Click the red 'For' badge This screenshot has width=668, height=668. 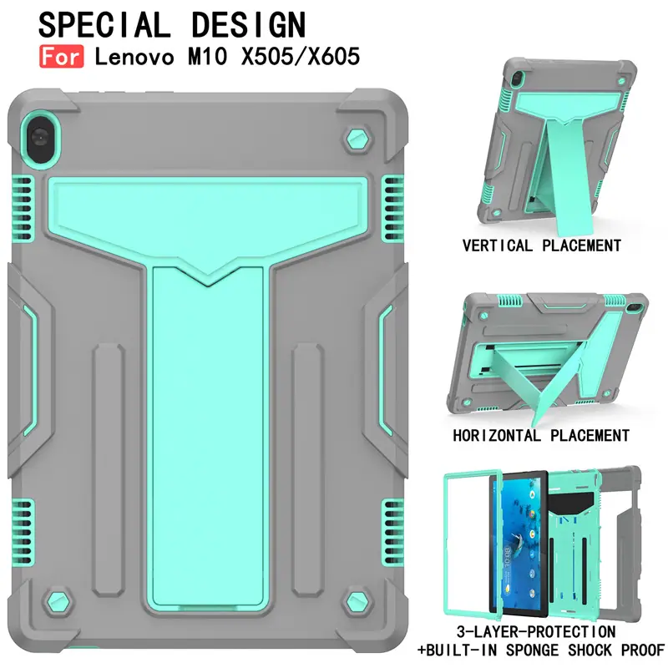[61, 57]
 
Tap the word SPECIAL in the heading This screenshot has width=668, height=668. [104, 25]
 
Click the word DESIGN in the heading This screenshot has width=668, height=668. [249, 25]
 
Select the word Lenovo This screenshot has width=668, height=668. [134, 57]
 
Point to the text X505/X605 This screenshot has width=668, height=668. [301, 57]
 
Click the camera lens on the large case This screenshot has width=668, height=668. [39, 138]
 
